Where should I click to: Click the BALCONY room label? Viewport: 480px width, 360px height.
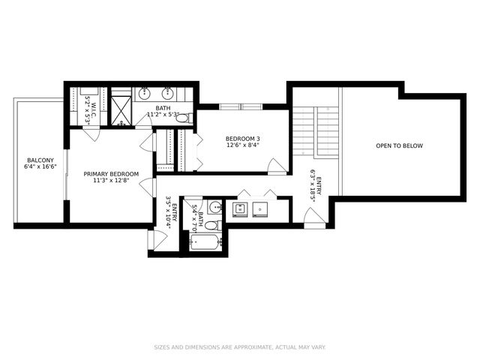pyautogui.click(x=39, y=160)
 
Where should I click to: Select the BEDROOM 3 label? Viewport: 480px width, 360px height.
pyautogui.click(x=242, y=139)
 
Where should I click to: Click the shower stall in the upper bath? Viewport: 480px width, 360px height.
pyautogui.click(x=120, y=110)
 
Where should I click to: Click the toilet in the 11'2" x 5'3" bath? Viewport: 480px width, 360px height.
pyautogui.click(x=182, y=118)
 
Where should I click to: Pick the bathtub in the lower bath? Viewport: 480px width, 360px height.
pyautogui.click(x=205, y=242)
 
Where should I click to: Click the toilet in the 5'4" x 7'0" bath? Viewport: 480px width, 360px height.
pyautogui.click(x=211, y=224)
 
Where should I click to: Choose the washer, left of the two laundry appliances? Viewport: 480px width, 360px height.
pyautogui.click(x=241, y=208)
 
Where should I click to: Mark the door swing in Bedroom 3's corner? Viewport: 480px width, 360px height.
pyautogui.click(x=277, y=165)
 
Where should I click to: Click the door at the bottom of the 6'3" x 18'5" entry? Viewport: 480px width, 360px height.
pyautogui.click(x=314, y=216)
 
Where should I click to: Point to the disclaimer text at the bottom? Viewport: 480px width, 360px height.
pyautogui.click(x=240, y=347)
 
